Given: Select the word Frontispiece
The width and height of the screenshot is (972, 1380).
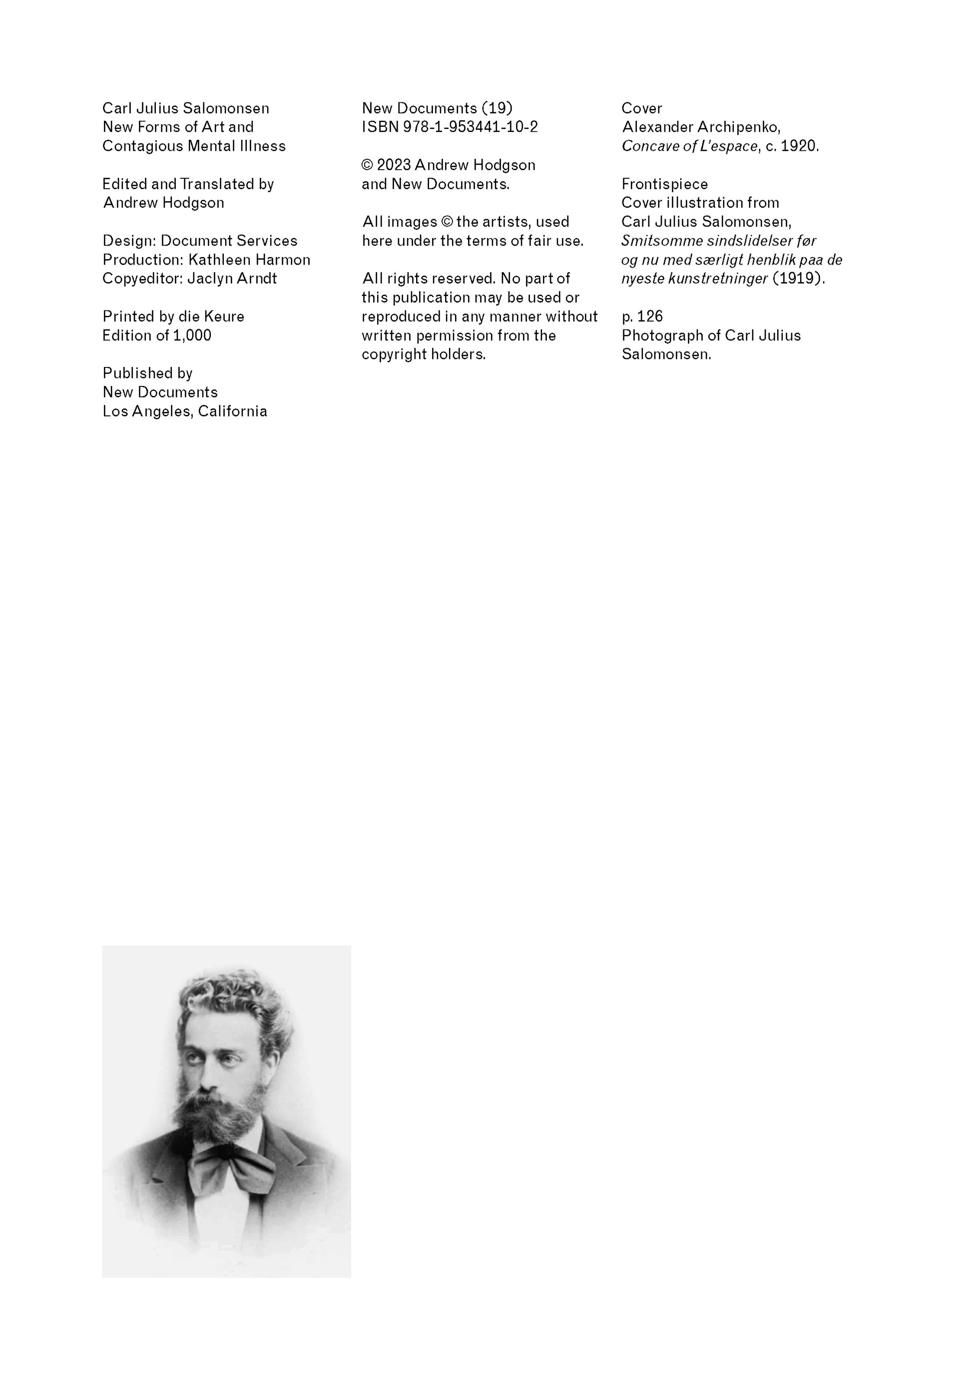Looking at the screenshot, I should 664,184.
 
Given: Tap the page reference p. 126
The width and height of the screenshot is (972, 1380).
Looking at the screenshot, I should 642,316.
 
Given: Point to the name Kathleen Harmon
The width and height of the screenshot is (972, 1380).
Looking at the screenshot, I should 249,260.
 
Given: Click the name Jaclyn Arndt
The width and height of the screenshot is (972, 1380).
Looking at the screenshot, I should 232,278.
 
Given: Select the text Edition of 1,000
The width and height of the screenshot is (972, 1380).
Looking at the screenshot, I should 157,336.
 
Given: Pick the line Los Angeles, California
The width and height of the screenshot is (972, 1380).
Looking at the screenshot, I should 184,411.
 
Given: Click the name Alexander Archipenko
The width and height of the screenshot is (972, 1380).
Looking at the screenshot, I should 701,127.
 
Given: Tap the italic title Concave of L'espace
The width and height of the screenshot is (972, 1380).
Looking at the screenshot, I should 689,146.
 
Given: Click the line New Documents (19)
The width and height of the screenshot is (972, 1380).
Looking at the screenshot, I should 437,108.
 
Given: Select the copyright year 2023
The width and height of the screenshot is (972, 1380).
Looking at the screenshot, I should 394,165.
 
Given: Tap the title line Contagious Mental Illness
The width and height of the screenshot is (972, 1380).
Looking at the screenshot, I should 194,146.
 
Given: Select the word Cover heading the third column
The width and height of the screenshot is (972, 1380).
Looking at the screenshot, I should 641,108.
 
